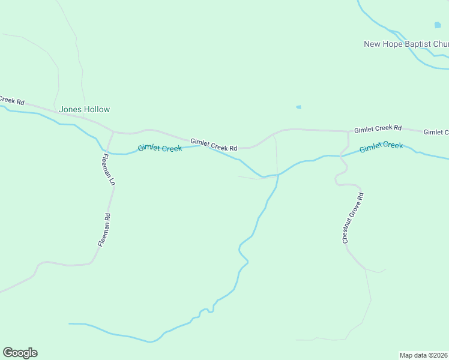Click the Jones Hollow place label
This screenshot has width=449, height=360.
(x=85, y=110)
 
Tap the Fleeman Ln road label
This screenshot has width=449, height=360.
(x=107, y=170)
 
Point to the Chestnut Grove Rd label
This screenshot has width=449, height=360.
(x=352, y=218)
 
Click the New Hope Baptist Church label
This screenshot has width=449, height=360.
(x=406, y=44)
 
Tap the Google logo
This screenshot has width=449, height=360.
(x=20, y=353)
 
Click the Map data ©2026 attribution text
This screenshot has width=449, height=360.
(x=424, y=355)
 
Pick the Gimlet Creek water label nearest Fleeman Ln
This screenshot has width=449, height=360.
(x=160, y=148)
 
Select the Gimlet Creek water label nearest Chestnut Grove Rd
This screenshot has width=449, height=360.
(x=381, y=146)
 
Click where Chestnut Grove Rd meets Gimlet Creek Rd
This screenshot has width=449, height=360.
(x=348, y=131)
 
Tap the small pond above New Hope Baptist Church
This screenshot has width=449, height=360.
(x=437, y=25)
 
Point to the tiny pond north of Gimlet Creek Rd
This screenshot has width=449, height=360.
(x=298, y=107)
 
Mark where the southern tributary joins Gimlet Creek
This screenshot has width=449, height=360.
(x=278, y=175)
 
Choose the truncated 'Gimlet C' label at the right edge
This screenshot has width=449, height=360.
(x=436, y=132)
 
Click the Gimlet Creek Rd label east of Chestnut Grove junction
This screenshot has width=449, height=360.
(x=378, y=128)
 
